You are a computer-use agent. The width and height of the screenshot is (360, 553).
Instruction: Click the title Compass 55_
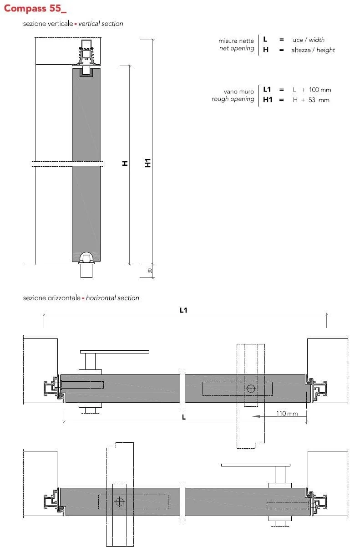coord(35,8)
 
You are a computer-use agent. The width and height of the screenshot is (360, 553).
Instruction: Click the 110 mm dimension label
coord(287,414)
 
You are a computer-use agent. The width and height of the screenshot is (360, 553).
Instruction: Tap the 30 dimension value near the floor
coord(150,271)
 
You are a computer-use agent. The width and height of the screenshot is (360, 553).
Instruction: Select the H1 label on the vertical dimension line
coord(148,163)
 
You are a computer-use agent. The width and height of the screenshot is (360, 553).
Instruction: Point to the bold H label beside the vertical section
coord(125,164)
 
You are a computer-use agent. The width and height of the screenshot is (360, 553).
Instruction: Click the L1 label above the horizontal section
coord(183,310)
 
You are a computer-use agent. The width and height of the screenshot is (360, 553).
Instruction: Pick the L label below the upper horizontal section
coord(184,417)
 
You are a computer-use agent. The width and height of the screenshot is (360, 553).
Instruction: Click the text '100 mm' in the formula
coord(320,90)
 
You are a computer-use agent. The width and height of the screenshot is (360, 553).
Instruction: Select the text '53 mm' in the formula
coord(319,100)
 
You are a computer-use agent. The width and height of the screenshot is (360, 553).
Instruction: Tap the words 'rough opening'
coord(233,99)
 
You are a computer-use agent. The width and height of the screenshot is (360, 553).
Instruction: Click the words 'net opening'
coord(237,49)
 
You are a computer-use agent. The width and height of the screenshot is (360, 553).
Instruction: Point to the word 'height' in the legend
coord(325,50)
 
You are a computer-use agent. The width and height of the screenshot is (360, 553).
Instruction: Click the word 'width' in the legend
coord(317,40)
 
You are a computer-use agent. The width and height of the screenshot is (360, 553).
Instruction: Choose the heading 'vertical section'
coord(101,24)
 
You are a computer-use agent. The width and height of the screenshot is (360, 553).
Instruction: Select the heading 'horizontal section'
coord(112,298)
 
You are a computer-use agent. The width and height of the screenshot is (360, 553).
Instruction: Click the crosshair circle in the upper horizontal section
coord(251,389)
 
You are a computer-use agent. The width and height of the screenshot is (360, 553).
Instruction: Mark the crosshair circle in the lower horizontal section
coord(120,502)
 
